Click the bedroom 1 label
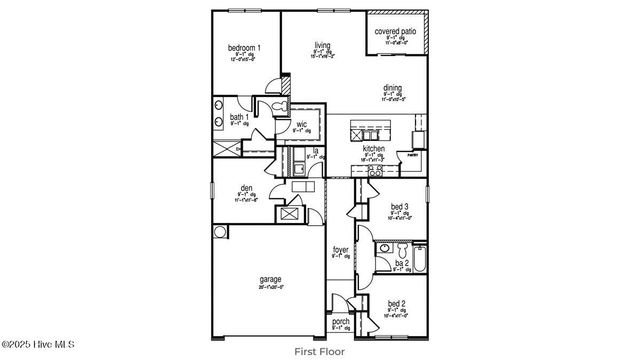244,48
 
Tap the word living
322,45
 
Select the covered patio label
396,32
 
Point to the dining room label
392,88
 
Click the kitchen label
373,148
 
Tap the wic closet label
301,124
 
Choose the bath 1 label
240,117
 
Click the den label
246,188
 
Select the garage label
271,279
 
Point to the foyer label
340,249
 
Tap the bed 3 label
399,207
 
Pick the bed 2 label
397,303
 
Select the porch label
340,321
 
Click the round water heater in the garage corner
220,232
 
